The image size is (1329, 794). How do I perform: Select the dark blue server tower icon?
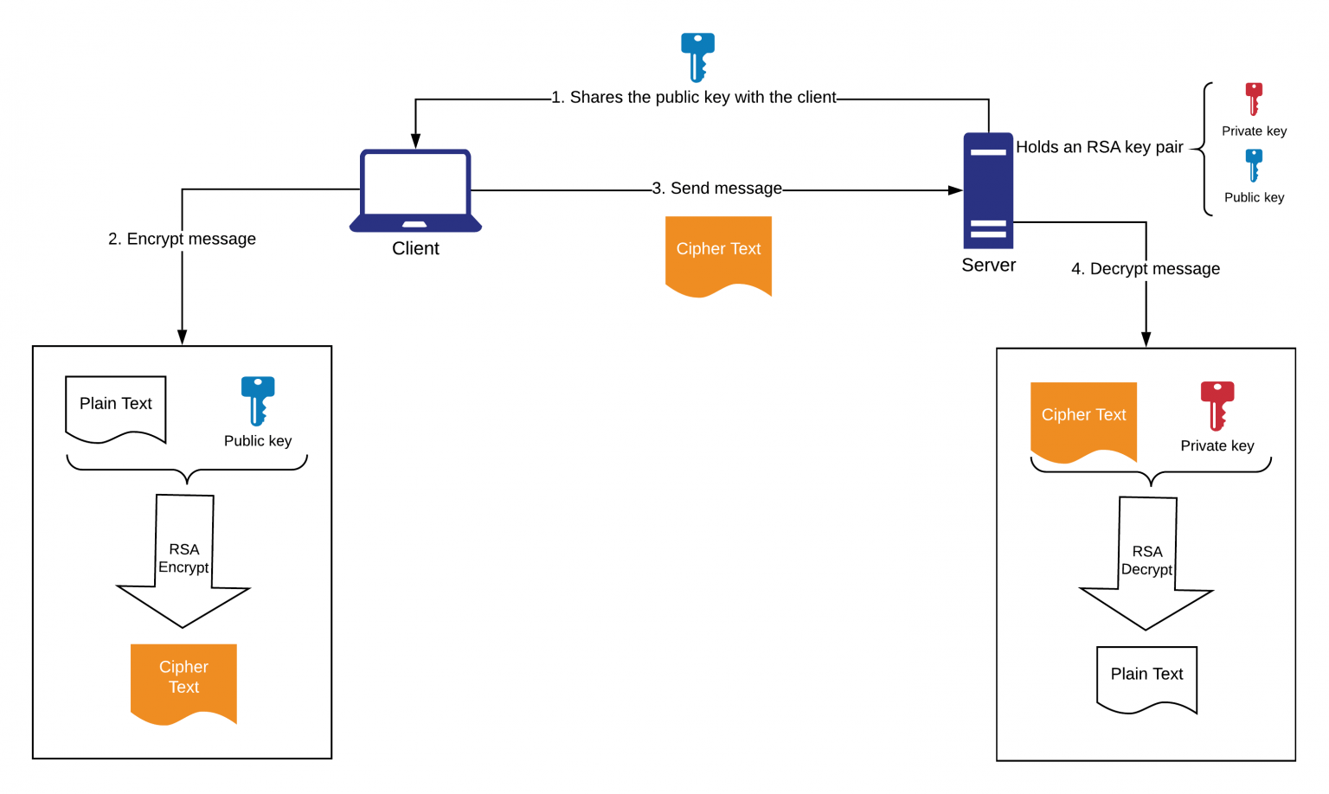988,190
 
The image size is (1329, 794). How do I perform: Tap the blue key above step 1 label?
697,56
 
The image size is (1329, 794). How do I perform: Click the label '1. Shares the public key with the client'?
694,98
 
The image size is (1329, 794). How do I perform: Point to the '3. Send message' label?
716,189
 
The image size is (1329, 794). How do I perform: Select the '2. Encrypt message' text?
182,239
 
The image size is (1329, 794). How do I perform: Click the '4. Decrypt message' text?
1145,269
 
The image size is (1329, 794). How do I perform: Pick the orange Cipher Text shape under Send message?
718,254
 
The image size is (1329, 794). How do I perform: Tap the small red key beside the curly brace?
1254,99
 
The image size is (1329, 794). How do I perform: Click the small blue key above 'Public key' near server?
1254,164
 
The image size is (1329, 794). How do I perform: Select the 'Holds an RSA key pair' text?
1099,147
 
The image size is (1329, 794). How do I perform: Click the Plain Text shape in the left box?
116,407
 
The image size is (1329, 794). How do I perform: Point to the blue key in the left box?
258,400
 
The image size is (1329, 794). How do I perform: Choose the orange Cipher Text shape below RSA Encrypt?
183,681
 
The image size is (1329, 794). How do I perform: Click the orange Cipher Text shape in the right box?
1083,420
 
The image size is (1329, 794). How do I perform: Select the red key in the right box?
1217,405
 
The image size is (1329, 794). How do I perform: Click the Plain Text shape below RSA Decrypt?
1146,677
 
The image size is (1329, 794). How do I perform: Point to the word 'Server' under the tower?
988,266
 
